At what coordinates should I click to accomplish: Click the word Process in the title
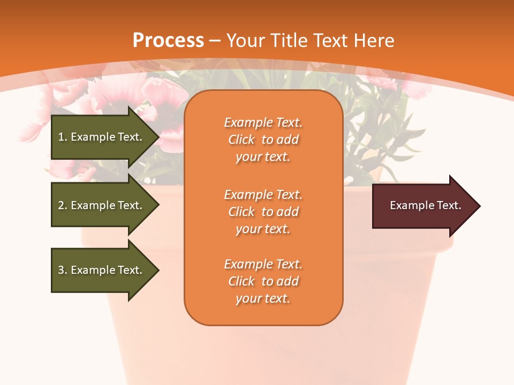[168, 41]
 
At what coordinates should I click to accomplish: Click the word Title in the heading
[289, 41]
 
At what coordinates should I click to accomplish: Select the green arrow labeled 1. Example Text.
[100, 137]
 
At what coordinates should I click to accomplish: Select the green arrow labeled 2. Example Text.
[100, 205]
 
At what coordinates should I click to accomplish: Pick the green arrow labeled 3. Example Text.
[100, 270]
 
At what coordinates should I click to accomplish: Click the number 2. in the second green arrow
[63, 205]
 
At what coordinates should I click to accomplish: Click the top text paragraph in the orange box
[263, 140]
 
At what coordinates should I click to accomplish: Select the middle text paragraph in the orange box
[263, 212]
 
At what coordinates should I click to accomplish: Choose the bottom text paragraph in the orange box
[263, 281]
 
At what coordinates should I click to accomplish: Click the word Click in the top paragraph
[241, 140]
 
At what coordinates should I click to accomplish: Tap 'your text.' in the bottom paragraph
[263, 299]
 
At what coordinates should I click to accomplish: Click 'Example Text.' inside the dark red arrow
[425, 205]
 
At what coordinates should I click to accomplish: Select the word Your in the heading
[245, 41]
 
